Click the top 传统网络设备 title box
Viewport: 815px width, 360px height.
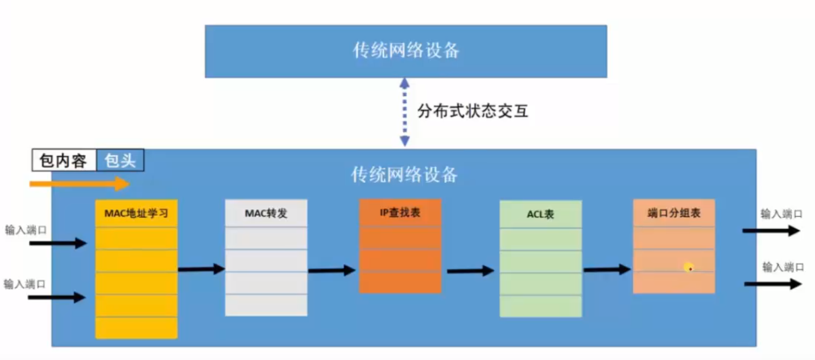pos(406,51)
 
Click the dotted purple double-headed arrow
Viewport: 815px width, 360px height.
pos(404,112)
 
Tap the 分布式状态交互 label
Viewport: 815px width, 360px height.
pos(473,111)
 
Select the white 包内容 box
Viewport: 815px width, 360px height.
pos(64,160)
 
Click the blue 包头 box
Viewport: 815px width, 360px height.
pos(120,160)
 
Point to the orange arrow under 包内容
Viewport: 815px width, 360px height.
pos(80,184)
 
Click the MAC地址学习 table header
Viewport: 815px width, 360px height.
pos(136,214)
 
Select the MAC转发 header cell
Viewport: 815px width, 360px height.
pos(266,213)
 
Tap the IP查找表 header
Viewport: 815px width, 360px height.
pos(400,213)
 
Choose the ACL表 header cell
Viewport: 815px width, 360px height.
pos(540,215)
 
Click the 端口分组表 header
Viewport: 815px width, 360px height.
pos(673,213)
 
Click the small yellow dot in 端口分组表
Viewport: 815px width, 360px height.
pos(689,267)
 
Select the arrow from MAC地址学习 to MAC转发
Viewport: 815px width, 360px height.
pos(201,269)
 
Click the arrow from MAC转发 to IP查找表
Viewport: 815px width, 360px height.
pos(332,271)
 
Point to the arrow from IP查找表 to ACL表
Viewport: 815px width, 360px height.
pos(470,271)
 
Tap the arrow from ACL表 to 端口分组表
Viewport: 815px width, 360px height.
pos(607,270)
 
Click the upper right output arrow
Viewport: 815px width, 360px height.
pos(771,230)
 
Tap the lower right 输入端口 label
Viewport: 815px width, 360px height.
pos(783,267)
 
